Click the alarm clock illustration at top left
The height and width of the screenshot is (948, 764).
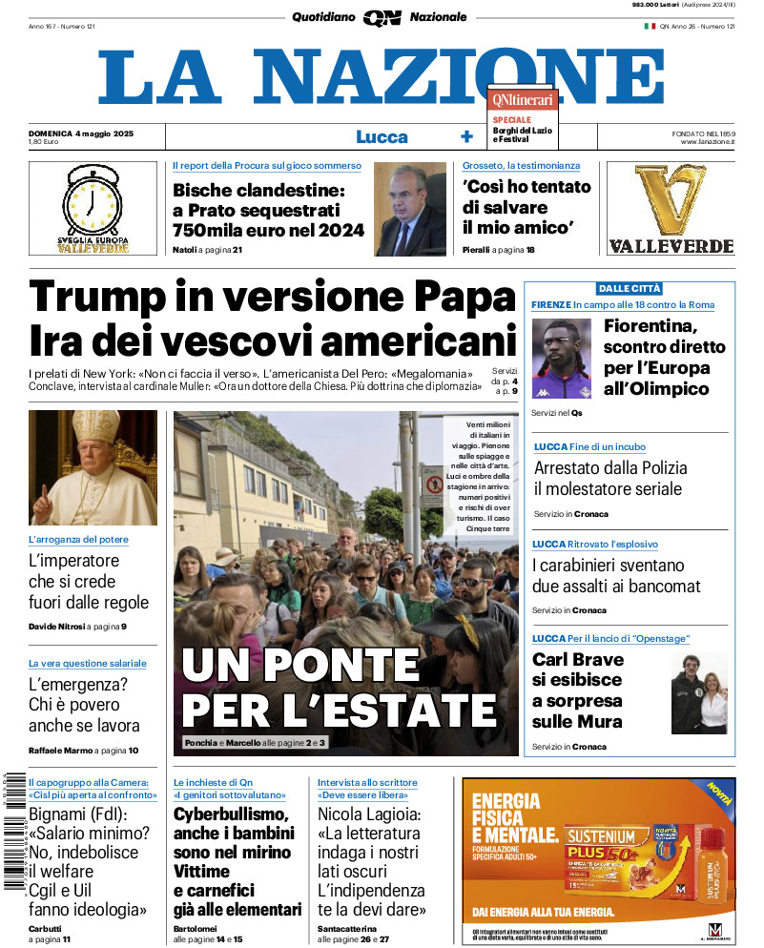pos(93,202)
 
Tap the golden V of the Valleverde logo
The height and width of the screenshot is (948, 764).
pos(670,201)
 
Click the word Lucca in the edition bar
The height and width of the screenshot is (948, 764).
pos(382,136)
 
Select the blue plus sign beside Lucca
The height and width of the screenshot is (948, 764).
pos(466,136)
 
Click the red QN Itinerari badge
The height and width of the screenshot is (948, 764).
pos(522,98)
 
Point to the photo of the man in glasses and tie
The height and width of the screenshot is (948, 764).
pos(410,210)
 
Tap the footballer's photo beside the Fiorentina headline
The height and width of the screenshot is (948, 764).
pos(563,360)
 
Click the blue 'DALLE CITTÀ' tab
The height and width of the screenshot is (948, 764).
pos(629,288)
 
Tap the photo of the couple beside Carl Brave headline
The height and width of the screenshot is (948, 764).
pos(698,693)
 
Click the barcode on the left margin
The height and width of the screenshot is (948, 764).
pos(13,839)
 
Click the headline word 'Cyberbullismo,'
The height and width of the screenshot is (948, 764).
pos(231,814)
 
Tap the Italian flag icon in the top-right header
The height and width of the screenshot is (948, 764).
pos(650,26)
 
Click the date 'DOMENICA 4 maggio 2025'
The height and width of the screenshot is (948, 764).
pos(80,133)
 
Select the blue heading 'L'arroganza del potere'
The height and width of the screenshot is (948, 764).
pos(78,540)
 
